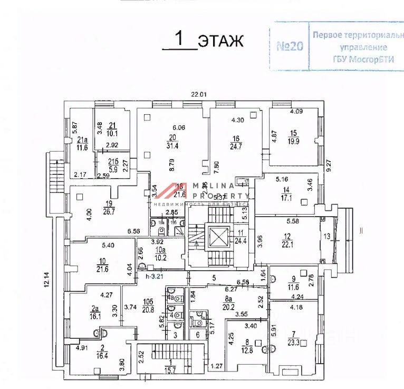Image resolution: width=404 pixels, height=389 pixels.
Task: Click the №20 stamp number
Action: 290,46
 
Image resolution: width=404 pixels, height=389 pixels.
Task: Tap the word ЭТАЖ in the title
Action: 220,40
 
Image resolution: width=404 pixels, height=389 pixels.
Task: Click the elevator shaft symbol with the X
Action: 218,237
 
